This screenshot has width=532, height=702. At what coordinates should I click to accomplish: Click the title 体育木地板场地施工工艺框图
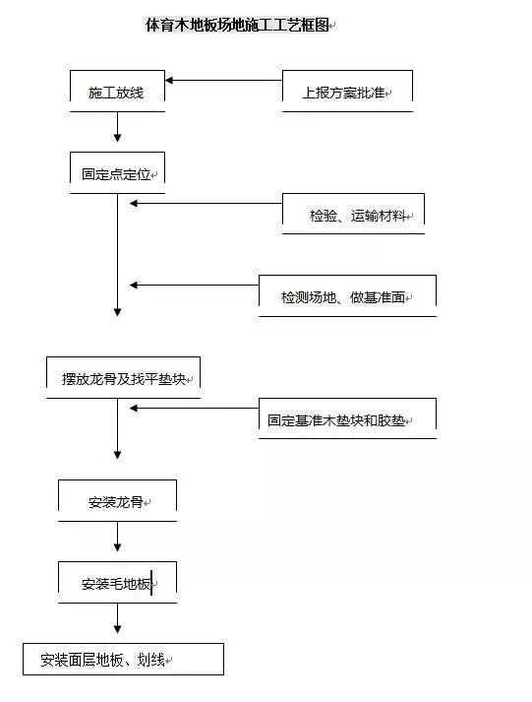237,25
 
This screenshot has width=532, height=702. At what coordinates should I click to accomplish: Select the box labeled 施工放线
117,92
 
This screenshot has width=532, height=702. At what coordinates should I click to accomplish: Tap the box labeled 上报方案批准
347,92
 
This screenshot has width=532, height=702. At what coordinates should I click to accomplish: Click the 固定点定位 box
117,173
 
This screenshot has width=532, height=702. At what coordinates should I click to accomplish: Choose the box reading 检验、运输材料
353,214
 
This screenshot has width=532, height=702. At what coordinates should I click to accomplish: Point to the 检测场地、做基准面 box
347,296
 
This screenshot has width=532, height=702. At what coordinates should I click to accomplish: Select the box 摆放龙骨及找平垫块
123,378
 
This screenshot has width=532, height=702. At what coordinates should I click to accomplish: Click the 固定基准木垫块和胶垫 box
347,418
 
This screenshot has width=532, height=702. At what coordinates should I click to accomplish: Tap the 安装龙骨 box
117,501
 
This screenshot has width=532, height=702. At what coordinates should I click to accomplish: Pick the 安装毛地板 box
117,583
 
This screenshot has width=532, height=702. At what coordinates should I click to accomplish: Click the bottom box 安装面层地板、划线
123,660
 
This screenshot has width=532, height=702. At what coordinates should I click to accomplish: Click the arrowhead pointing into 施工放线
169,81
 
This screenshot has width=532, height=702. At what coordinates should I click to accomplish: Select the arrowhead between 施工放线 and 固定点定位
118,137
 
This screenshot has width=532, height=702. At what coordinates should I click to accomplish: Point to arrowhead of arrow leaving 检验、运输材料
133,203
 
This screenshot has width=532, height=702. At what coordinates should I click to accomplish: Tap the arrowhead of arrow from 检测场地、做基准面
133,285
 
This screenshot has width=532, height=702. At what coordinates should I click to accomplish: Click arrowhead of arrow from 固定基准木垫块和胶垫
133,408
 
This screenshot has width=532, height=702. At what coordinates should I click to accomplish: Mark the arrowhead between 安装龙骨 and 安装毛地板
118,546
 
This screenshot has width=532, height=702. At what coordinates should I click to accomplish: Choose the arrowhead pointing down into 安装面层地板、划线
118,628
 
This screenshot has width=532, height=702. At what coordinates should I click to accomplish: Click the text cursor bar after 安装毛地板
151,583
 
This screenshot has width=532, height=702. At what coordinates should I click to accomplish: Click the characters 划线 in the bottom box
150,660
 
